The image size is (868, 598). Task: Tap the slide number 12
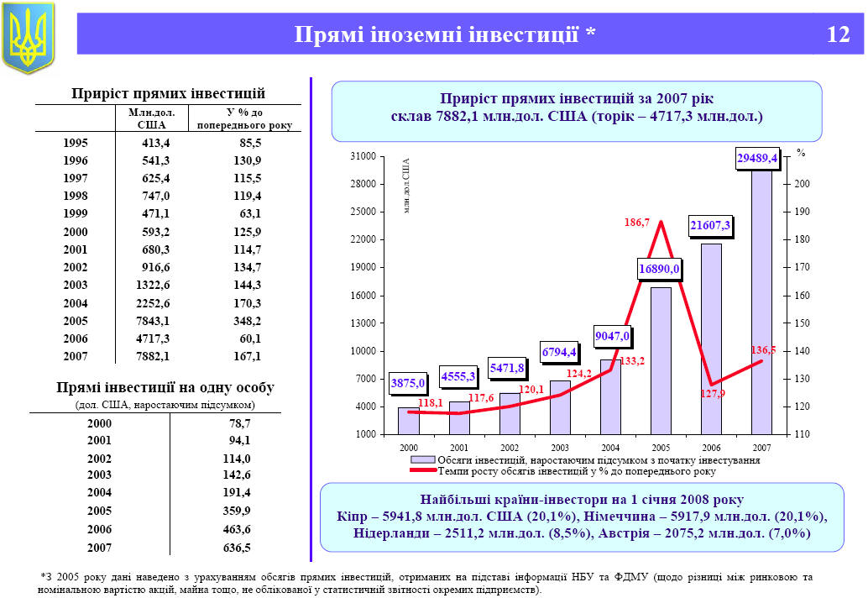[838, 34]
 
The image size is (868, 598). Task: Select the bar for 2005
[661, 360]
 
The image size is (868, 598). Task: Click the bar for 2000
[409, 420]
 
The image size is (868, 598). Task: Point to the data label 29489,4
[757, 157]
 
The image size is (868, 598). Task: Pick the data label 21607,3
[710, 226]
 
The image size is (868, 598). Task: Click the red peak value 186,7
[636, 223]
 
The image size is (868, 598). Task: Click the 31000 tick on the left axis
[363, 157]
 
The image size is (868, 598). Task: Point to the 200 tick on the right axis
[803, 184]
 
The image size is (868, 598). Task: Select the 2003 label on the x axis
[560, 448]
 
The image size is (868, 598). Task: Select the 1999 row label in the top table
[75, 213]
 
